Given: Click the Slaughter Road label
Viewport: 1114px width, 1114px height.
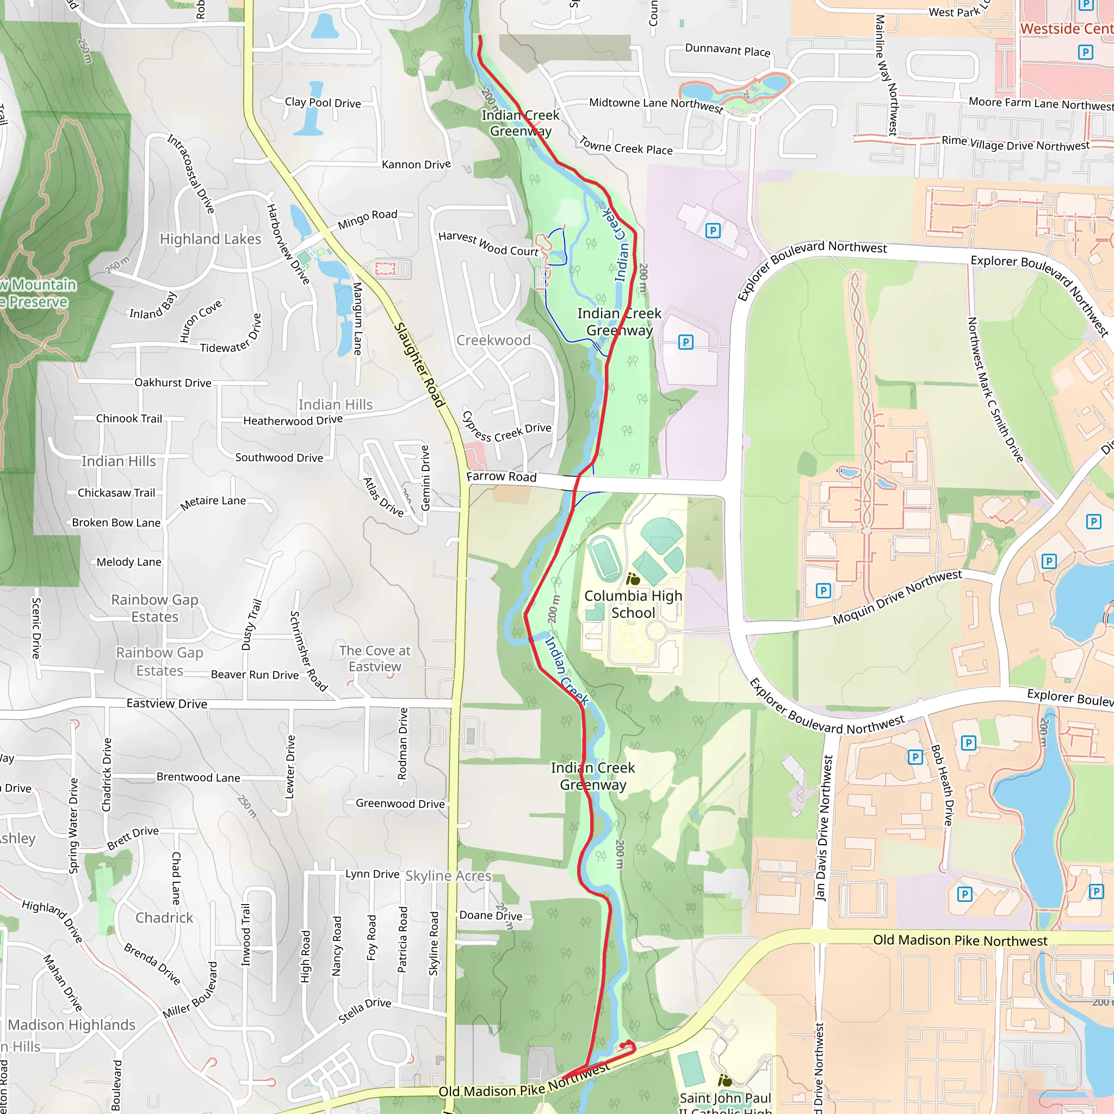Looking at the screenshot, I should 419,365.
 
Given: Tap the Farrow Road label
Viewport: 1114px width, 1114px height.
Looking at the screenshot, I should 501,476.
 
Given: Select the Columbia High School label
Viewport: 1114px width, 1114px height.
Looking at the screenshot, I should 633,604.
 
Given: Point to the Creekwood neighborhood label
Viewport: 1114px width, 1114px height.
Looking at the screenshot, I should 493,340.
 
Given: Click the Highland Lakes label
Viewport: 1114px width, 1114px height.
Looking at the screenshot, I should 211,239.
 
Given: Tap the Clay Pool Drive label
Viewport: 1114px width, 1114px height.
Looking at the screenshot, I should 323,103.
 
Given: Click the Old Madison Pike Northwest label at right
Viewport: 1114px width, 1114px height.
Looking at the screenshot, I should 960,940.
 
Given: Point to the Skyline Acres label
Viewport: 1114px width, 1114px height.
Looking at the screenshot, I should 448,876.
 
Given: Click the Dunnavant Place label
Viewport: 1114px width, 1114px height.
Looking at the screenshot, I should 728,50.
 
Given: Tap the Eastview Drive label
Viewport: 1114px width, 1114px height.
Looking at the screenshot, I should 166,703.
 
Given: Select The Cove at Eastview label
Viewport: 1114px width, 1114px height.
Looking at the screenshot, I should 375,659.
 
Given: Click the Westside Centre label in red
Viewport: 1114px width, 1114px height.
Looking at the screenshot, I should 1066,29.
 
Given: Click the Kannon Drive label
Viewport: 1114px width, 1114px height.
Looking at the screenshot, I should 416,165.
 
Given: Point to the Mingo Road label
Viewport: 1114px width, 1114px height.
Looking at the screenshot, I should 368,219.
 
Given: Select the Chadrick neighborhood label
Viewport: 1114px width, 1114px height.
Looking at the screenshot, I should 164,918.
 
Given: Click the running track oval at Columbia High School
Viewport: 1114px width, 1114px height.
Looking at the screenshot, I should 605,558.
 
